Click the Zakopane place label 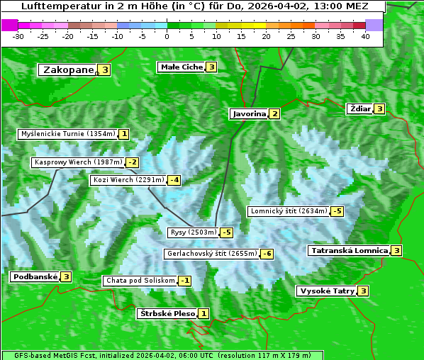pos(68,70)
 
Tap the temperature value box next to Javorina pos(274,114)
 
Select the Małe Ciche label pos(181,67)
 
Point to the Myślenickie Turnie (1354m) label pos(67,134)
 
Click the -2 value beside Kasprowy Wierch pos(133,162)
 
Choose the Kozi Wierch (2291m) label pos(128,180)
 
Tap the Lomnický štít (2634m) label pos(289,211)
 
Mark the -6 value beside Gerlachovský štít pos(267,254)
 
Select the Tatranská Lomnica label pos(349,251)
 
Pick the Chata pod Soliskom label pos(139,281)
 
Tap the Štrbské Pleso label pos(167,314)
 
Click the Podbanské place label pos(34,277)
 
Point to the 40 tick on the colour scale pos(365,36)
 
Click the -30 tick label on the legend pos(18,36)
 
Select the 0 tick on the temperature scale pos(167,36)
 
